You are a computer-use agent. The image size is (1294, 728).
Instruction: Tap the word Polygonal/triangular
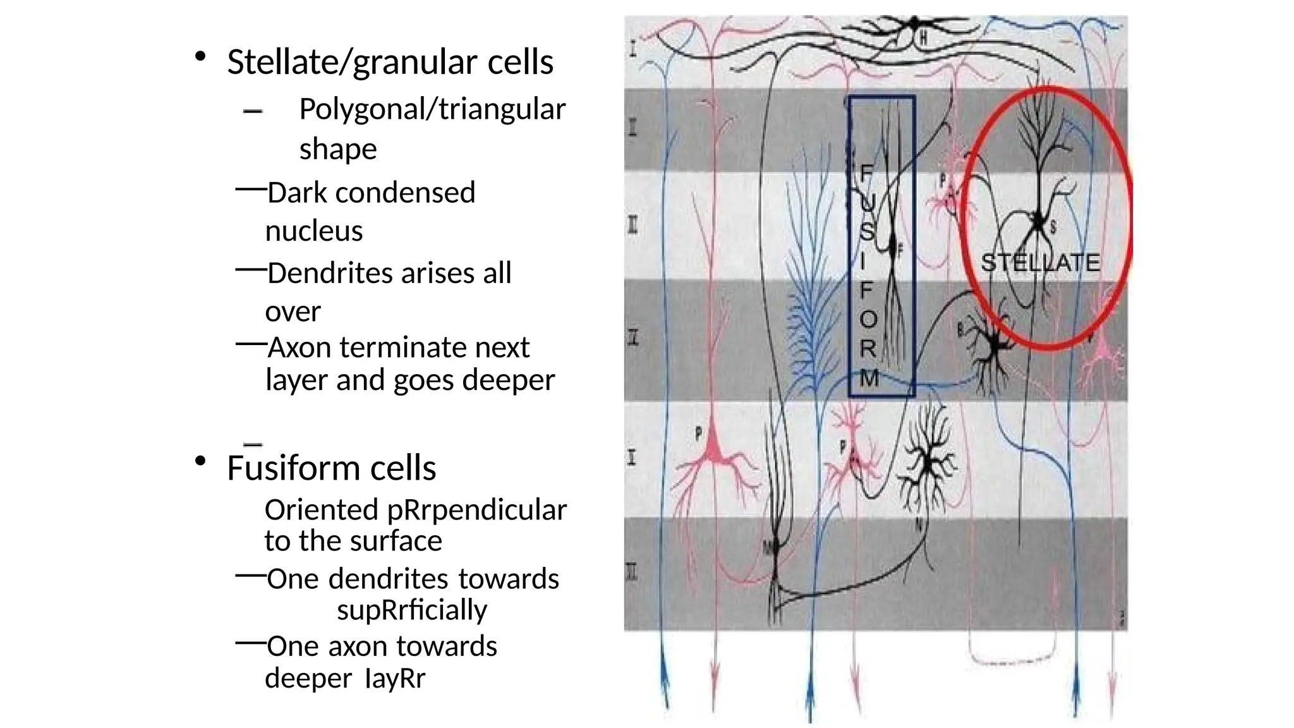click(x=432, y=109)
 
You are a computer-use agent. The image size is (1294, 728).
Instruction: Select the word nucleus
click(x=314, y=231)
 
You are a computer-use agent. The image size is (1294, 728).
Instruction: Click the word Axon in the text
click(x=299, y=347)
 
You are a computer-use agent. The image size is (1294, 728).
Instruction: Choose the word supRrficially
click(x=412, y=610)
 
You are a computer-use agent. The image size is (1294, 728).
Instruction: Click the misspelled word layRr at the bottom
click(x=395, y=678)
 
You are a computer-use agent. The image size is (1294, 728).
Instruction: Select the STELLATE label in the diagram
click(x=1040, y=262)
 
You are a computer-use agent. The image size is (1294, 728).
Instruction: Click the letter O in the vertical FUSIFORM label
click(x=869, y=320)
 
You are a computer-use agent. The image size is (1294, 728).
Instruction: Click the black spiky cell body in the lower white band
click(x=928, y=464)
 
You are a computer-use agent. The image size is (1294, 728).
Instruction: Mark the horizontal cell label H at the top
click(x=923, y=39)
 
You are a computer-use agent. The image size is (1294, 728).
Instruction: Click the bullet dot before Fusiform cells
click(x=200, y=461)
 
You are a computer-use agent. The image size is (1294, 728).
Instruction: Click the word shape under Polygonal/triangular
click(x=338, y=149)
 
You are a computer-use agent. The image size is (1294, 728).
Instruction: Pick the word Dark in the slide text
click(x=296, y=193)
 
